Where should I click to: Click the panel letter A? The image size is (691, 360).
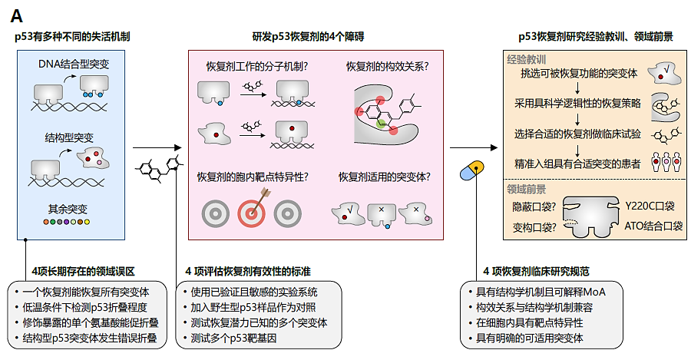click(x=16, y=15)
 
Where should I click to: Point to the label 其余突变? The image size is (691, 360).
click(x=68, y=209)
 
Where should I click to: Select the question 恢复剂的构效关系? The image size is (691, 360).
click(x=387, y=67)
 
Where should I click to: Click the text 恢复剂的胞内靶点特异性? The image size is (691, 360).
click(x=253, y=177)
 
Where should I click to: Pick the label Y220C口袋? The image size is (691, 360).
click(x=649, y=206)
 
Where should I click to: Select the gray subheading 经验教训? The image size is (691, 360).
click(x=526, y=58)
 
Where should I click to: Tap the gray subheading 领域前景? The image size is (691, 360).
click(x=526, y=188)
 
